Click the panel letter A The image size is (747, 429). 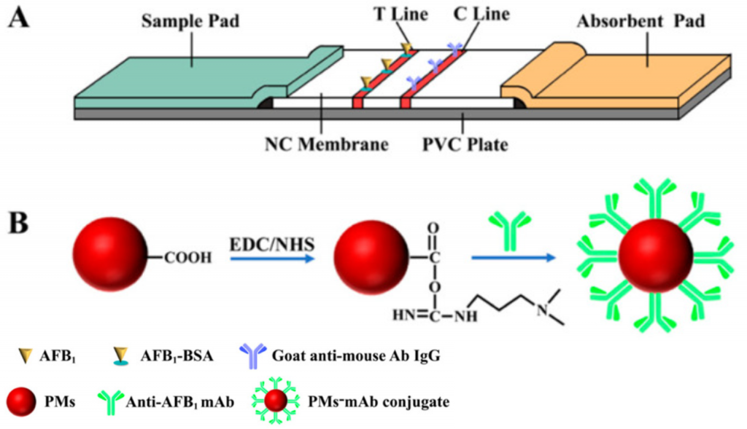coord(19,17)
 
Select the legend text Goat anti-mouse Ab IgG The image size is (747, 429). coord(350,357)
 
